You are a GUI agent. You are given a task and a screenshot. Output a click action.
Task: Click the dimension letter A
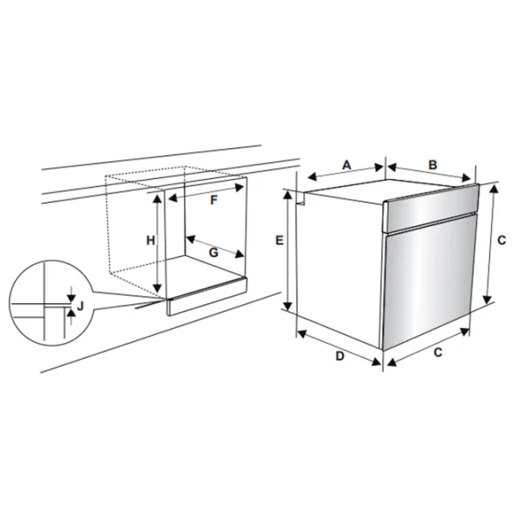(347, 164)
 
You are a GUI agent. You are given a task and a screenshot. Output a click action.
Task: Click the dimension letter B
(433, 164)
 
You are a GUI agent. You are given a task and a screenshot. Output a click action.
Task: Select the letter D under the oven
(340, 356)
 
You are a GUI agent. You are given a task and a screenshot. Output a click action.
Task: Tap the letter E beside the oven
(279, 240)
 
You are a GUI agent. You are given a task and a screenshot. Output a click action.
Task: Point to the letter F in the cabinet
(213, 200)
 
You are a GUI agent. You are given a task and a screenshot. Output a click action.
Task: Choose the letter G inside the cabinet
(213, 253)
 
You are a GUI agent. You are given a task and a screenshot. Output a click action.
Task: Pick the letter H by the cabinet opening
(151, 241)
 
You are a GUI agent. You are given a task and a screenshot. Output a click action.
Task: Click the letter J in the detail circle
(81, 306)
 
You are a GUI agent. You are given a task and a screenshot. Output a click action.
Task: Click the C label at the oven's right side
(501, 240)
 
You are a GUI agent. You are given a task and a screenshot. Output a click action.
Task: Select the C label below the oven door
(438, 352)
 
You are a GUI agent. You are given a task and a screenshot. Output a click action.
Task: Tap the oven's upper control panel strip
(431, 207)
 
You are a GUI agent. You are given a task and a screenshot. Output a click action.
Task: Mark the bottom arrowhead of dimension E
(288, 306)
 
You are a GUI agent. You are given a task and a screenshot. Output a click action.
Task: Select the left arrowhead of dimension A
(313, 177)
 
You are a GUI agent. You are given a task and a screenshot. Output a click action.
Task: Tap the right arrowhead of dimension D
(376, 362)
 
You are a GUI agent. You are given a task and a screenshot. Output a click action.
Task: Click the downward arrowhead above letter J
(71, 298)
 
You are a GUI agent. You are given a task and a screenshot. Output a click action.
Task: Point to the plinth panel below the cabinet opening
(206, 296)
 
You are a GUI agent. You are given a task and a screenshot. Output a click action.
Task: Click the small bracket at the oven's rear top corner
(300, 199)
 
